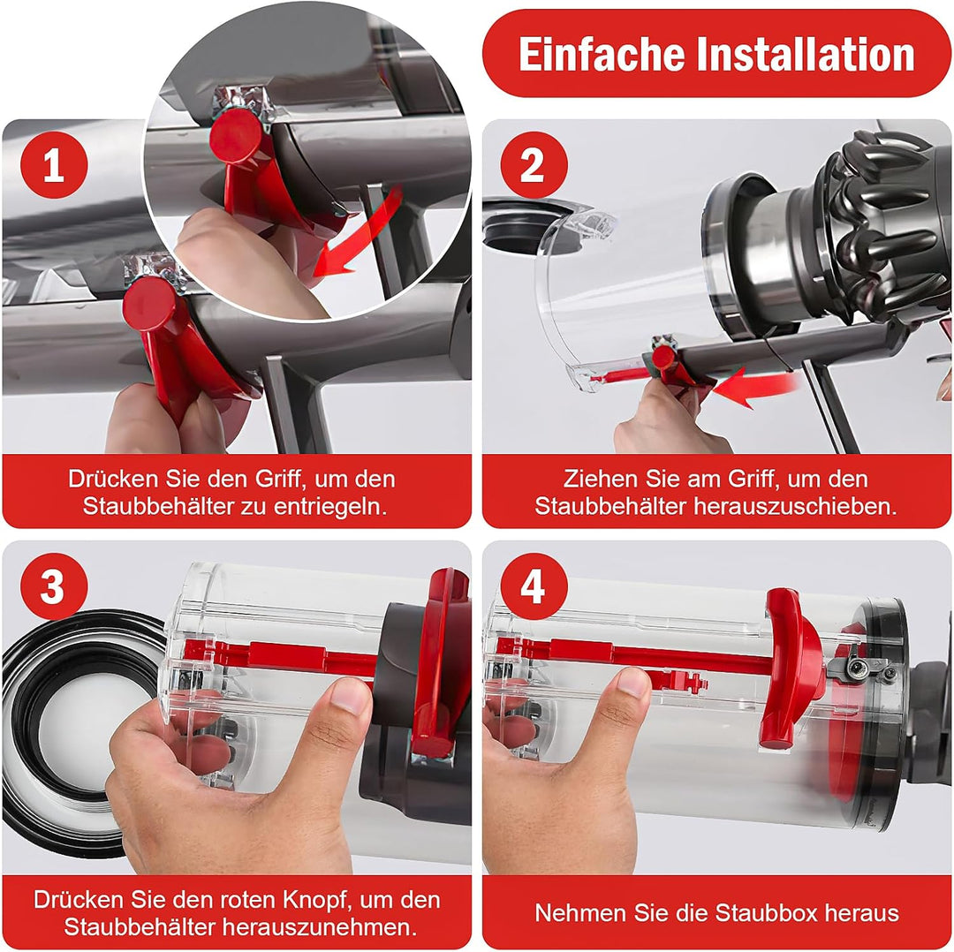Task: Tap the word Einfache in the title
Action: pyautogui.click(x=602, y=54)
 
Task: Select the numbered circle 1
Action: pyautogui.click(x=54, y=164)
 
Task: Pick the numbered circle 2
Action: pyautogui.click(x=534, y=164)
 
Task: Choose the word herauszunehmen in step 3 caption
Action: pyautogui.click(x=320, y=927)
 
